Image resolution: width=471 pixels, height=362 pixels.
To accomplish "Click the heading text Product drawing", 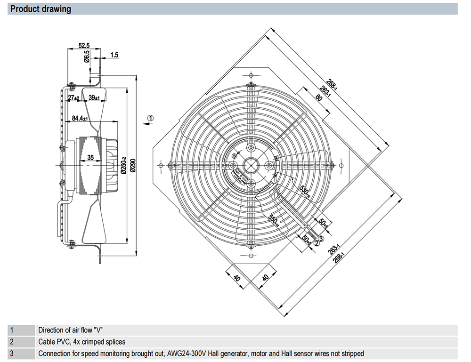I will (x=41, y=9).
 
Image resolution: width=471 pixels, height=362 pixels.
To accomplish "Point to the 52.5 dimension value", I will (x=84, y=46).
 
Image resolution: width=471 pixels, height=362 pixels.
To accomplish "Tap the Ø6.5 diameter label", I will (x=87, y=57).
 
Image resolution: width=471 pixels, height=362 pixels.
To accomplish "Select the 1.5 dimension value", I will (x=114, y=55).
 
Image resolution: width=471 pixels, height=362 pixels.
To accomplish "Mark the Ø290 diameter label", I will (x=134, y=164).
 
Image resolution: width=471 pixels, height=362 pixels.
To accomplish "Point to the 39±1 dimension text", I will (x=94, y=97).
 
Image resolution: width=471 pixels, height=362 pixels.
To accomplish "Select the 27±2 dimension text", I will (x=73, y=97).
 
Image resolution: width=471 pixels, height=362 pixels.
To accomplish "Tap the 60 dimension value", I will (x=318, y=98).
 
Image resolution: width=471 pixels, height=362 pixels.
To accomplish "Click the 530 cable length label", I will (x=304, y=191).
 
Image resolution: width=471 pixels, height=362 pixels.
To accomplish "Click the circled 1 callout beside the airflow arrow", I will (x=150, y=118).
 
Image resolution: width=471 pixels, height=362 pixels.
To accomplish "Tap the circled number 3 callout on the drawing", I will (x=322, y=239).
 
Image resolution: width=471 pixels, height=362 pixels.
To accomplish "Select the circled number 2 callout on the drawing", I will (x=317, y=243).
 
